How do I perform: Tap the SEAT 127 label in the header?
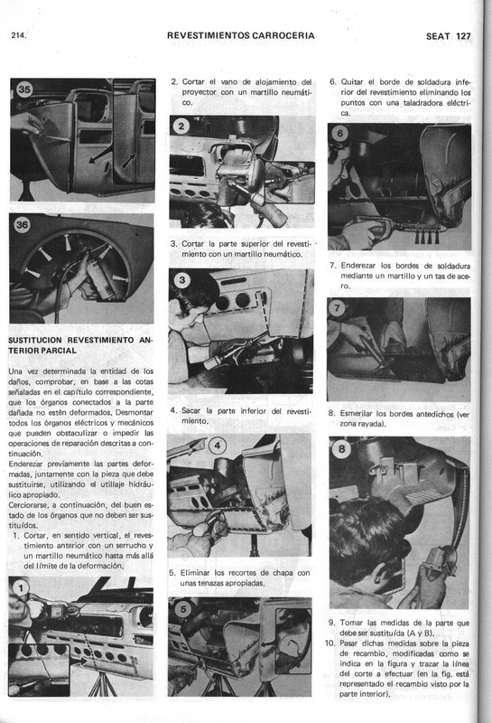[x=449, y=36]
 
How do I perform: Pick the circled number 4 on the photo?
[x=219, y=445]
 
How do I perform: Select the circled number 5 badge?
[x=183, y=607]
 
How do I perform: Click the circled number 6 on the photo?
[x=339, y=134]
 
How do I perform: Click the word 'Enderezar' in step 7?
[x=368, y=267]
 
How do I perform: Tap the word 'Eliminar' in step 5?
[x=204, y=573]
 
